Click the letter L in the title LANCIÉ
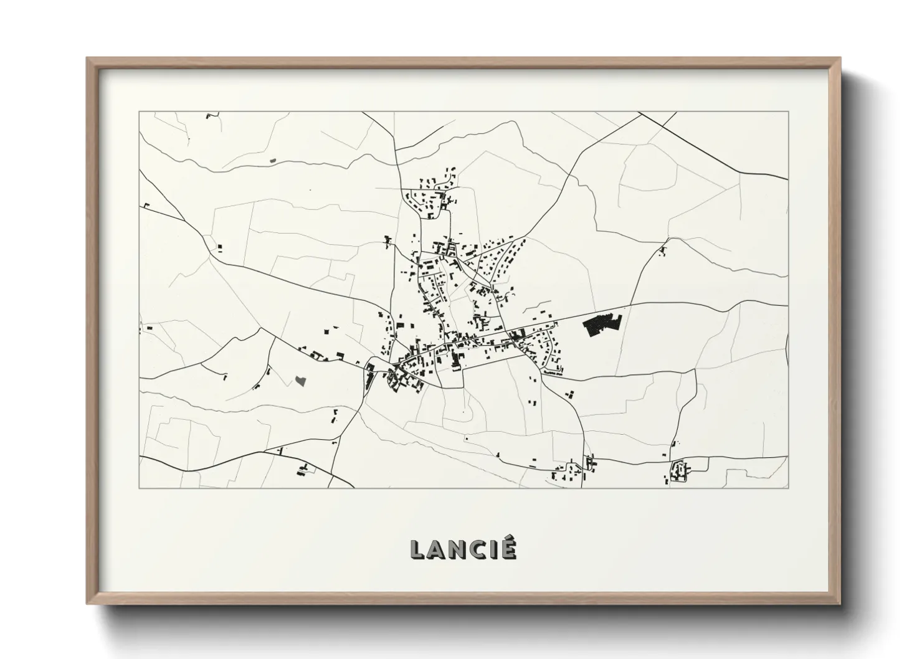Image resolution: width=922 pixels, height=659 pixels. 418,549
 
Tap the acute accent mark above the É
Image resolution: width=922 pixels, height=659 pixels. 510,539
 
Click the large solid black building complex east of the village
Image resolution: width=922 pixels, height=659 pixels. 602,326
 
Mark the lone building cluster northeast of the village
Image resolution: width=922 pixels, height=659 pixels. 662,252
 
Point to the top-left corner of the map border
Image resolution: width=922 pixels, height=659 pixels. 139,112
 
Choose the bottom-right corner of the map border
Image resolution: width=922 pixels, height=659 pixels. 788,488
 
